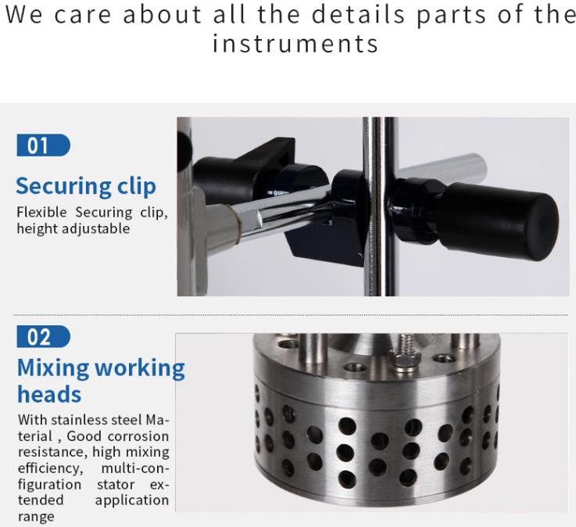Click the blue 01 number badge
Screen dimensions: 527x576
43,145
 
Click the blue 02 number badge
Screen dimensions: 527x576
43,337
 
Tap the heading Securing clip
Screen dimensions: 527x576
86,186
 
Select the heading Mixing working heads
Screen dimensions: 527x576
100,380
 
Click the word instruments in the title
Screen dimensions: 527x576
295,44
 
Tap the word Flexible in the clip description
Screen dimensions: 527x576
43,213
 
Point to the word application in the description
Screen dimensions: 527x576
131,500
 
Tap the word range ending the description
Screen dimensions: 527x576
36,517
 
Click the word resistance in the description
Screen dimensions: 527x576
52,452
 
